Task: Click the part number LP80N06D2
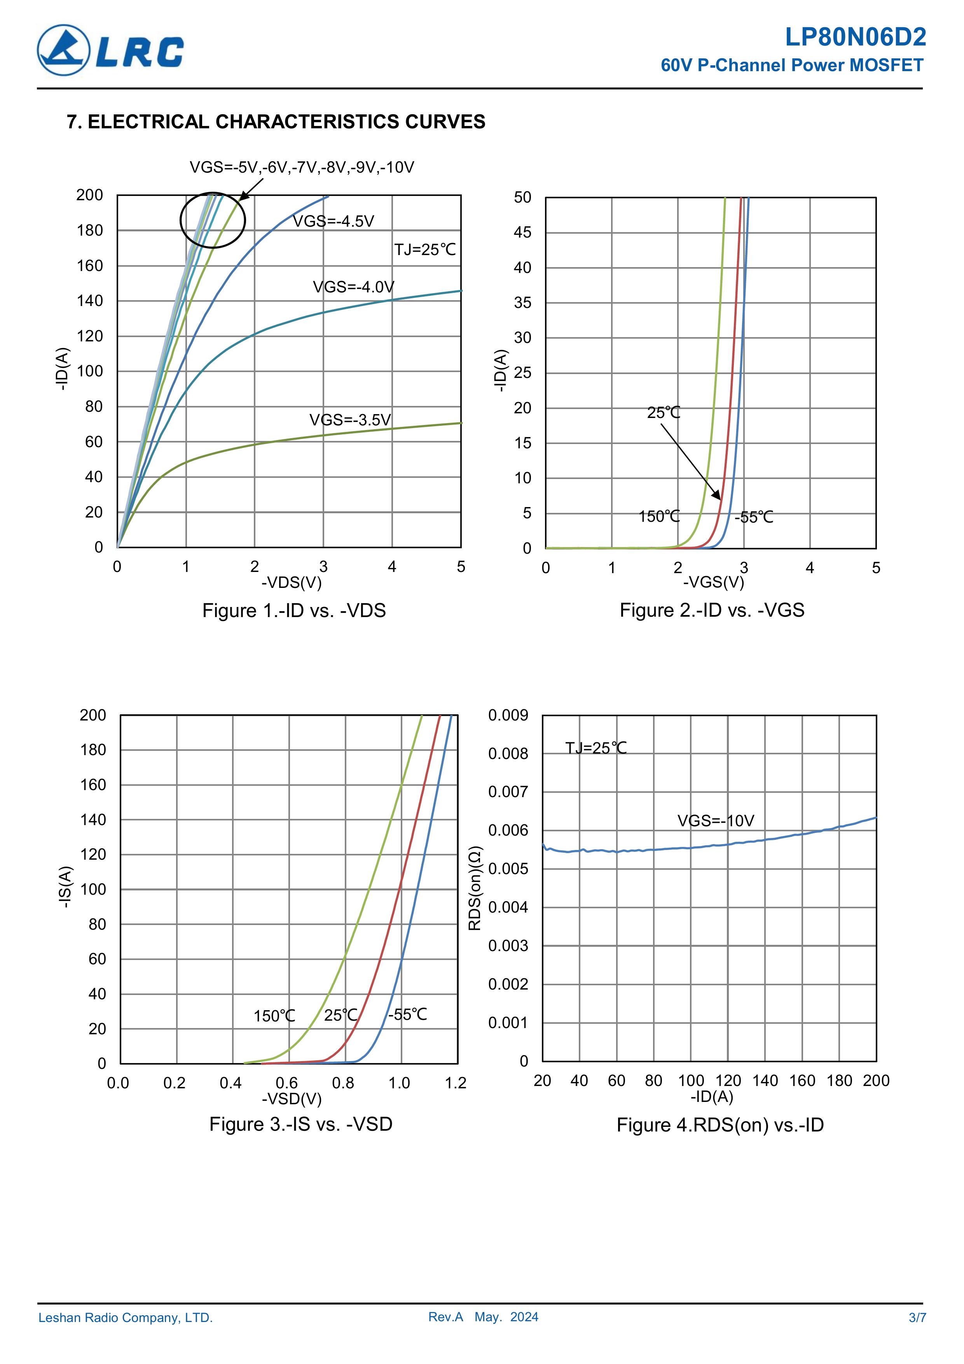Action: pos(855,37)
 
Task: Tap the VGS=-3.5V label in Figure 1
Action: pos(350,420)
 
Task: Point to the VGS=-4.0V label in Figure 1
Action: pos(353,287)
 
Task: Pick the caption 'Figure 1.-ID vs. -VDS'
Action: pos(293,611)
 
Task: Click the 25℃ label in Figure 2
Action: pos(664,412)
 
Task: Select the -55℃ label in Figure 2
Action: pos(754,518)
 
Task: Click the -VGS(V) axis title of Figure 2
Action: pos(713,582)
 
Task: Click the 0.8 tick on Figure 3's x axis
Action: pos(343,1083)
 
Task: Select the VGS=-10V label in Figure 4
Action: pos(715,821)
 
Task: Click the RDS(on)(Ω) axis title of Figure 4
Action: pos(475,888)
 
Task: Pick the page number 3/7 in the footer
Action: pos(917,1318)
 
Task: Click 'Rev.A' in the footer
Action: pos(445,1317)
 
